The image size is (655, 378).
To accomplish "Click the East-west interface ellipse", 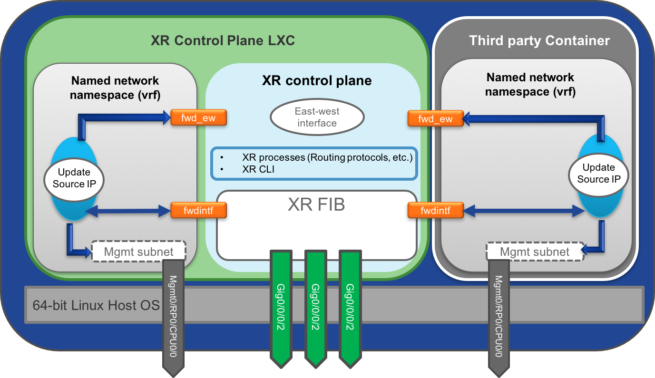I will click(x=317, y=117).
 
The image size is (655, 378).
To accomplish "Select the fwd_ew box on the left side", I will click(x=198, y=118).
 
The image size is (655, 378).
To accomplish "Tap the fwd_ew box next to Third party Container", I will click(x=435, y=118).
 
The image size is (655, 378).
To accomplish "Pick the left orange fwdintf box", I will click(x=198, y=210).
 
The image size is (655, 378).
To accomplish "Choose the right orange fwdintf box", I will click(x=435, y=210).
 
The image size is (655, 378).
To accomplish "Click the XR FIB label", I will click(x=316, y=204).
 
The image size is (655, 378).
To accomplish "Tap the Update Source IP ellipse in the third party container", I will click(x=598, y=173).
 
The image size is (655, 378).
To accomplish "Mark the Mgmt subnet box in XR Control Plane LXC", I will click(x=138, y=252).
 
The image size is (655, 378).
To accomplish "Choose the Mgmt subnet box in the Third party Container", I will click(x=535, y=252).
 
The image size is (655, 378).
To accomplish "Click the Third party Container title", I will click(x=539, y=41).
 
